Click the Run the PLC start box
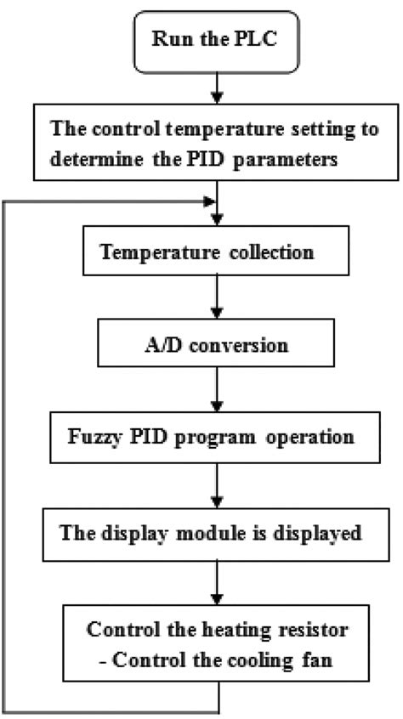[x=219, y=40]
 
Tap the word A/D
[x=159, y=347]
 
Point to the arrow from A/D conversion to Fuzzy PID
[x=219, y=394]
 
